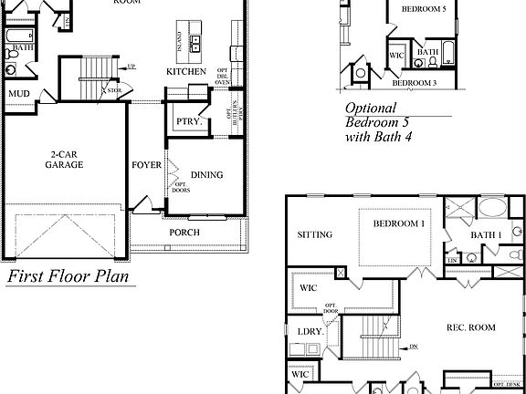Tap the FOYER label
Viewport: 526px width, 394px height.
pos(146,165)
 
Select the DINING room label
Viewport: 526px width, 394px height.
pos(206,175)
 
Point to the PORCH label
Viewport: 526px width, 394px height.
pos(184,233)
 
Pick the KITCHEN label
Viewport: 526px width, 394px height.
pos(184,71)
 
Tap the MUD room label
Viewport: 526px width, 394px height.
pos(19,94)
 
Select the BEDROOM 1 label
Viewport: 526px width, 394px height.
pos(398,223)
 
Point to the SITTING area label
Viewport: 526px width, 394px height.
pos(315,234)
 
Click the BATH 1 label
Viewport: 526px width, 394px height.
pos(486,235)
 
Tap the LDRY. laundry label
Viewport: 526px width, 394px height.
pos(310,331)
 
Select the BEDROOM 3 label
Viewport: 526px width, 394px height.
pos(415,83)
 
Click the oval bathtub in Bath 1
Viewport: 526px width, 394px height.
pos(493,206)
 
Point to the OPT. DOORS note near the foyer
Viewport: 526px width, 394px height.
pos(180,187)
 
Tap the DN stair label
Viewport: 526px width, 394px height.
pos(413,347)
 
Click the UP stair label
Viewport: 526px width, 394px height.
pos(132,67)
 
